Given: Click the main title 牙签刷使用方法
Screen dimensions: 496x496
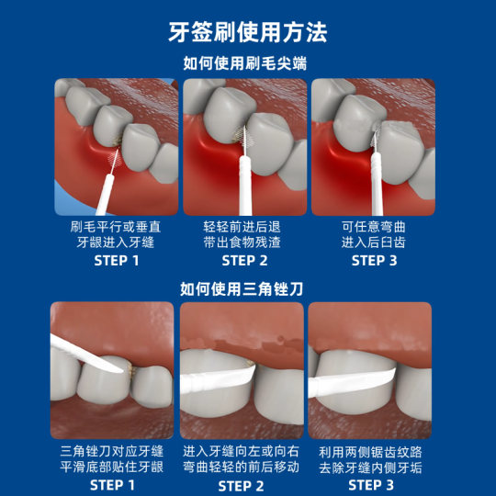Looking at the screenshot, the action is pyautogui.click(x=248, y=32).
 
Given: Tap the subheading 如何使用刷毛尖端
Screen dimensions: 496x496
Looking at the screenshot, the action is pyautogui.click(x=245, y=63).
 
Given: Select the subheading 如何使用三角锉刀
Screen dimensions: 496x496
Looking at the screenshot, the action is pyautogui.click(x=242, y=288).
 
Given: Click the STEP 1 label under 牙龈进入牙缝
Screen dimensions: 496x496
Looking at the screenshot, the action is pyautogui.click(x=117, y=261).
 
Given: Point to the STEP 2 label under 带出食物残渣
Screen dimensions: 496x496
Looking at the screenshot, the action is pyautogui.click(x=244, y=261).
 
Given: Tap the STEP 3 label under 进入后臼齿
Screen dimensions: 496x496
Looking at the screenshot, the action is pyautogui.click(x=374, y=261).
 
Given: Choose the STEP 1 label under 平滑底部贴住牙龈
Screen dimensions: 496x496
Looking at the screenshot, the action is pyautogui.click(x=112, y=485).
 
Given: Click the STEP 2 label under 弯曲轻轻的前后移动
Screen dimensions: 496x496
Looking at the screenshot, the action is pyautogui.click(x=241, y=486).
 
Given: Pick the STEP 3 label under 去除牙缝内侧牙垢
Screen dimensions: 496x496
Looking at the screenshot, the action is pyautogui.click(x=371, y=485).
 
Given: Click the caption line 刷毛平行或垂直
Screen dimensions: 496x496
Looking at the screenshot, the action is pyautogui.click(x=116, y=227).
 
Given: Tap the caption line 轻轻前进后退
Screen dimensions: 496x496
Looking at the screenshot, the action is pyautogui.click(x=242, y=227).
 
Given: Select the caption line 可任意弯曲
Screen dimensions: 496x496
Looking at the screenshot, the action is pyautogui.click(x=374, y=227).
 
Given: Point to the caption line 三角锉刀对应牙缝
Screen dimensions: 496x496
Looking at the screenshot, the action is pyautogui.click(x=112, y=451).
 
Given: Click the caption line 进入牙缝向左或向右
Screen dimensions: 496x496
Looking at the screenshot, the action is pyautogui.click(x=241, y=451).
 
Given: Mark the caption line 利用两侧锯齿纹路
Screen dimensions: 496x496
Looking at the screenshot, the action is pyautogui.click(x=370, y=452).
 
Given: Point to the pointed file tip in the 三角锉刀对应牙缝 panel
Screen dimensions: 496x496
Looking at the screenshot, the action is pyautogui.click(x=122, y=371).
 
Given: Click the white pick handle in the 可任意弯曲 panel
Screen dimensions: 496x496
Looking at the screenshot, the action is pyautogui.click(x=377, y=184).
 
